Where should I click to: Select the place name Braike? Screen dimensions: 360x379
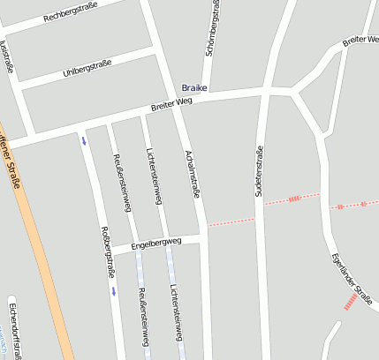coord(193,87)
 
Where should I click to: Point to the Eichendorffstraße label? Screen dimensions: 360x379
coord(12,327)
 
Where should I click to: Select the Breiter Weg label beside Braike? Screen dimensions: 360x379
coord(171,103)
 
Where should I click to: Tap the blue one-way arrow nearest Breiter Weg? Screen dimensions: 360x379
coord(85,140)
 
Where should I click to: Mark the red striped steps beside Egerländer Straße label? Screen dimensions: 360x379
coord(351,302)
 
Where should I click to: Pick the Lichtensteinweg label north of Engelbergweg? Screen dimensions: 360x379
coord(154,176)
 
